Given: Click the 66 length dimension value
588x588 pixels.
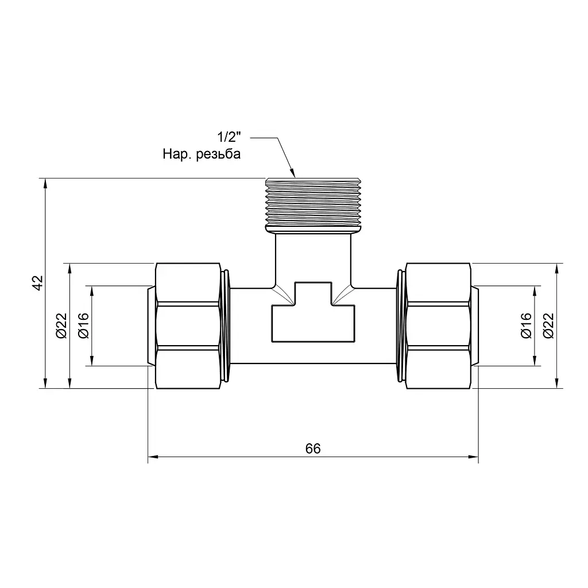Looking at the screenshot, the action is (313, 448).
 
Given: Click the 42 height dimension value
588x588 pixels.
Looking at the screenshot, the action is (38, 283).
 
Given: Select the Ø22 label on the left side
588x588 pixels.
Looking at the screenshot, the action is (61, 326).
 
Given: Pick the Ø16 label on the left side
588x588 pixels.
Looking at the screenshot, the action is (84, 326).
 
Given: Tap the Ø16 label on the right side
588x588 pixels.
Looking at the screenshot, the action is (526, 326).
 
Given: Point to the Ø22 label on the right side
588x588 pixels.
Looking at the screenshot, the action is (548, 326).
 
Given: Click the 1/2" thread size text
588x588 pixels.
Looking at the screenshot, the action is (229, 137).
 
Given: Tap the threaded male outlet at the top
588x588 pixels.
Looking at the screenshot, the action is (313, 205).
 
